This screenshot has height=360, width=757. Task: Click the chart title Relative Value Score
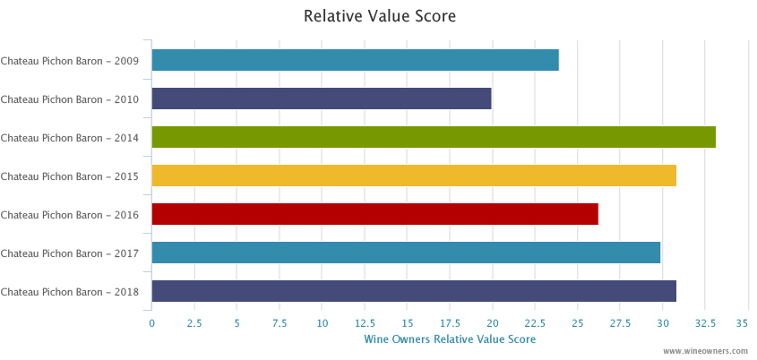380,16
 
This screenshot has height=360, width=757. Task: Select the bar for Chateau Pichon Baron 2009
355,60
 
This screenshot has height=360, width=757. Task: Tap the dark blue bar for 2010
322,99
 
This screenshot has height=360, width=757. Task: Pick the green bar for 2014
434,137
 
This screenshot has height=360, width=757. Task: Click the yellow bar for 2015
414,176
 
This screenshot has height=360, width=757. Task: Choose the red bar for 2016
374,214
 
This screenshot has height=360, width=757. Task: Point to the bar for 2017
406,253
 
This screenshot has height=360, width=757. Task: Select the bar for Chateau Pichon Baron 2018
414,291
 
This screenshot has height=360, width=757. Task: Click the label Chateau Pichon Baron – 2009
70,61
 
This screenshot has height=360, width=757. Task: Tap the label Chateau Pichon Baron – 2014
70,138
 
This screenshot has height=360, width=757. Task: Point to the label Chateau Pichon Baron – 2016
70,215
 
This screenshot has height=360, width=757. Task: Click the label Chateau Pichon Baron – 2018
70,292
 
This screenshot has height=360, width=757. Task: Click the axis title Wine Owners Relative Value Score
450,339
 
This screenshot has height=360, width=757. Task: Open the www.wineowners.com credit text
707,352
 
